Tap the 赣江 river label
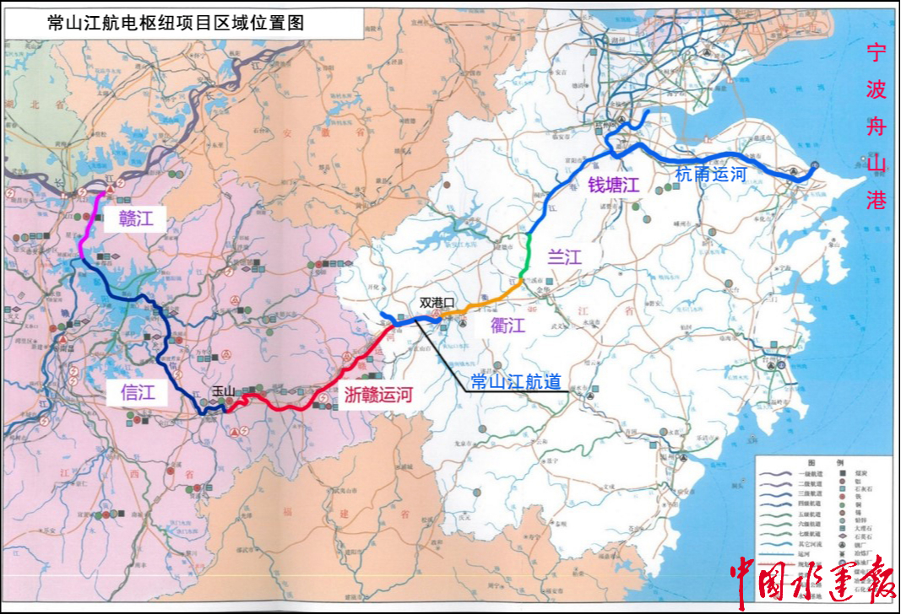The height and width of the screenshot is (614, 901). (136, 220)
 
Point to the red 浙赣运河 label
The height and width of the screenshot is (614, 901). (378, 393)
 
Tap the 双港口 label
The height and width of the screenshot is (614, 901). (437, 301)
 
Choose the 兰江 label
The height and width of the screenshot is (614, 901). (565, 256)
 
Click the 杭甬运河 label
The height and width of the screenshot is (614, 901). (712, 175)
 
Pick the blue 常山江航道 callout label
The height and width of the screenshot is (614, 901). (516, 381)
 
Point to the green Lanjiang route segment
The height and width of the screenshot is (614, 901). (527, 254)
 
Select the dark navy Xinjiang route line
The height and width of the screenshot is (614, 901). (169, 354)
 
